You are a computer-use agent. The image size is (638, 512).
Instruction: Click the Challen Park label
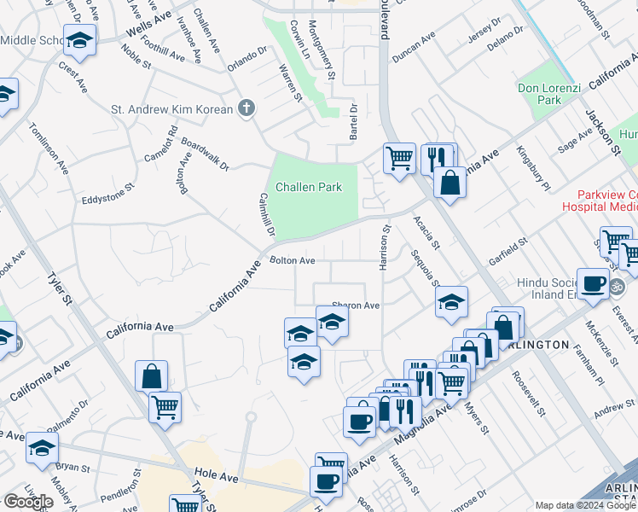point(308,187)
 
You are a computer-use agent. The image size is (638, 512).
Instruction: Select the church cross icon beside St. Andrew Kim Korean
point(246,108)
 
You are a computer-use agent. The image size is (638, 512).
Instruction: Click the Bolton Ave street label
point(293,260)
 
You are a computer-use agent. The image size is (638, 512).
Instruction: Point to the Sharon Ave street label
point(355,305)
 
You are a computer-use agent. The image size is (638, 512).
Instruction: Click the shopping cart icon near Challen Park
point(399,157)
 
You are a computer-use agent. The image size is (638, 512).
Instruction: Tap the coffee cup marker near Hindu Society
point(593,282)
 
